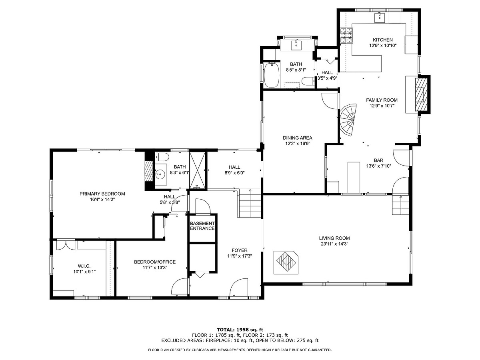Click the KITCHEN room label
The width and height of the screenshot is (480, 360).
(382, 40)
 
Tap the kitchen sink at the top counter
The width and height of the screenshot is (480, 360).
(380, 18)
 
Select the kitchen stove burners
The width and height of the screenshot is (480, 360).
(346, 36)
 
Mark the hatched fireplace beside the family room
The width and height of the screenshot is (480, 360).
(421, 94)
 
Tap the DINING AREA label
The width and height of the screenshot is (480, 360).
(298, 138)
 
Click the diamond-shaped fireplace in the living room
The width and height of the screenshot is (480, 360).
(286, 262)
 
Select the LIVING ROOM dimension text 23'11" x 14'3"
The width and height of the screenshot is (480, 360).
(334, 244)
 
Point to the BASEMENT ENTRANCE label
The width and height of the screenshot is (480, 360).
(202, 226)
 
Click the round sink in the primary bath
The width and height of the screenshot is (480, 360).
(160, 174)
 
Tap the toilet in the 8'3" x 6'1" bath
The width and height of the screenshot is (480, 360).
(162, 157)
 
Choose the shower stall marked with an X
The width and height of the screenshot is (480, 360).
(198, 170)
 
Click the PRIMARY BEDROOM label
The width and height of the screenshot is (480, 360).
(102, 194)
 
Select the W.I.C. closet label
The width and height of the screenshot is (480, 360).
(84, 266)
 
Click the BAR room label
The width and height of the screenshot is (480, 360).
(378, 160)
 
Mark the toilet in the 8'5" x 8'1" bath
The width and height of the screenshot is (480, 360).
(308, 82)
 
